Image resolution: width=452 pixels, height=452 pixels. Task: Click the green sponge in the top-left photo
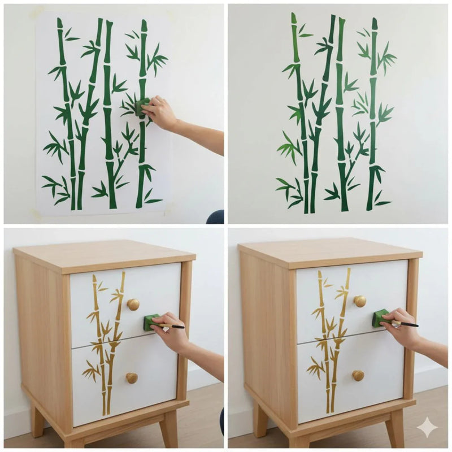click(142, 106)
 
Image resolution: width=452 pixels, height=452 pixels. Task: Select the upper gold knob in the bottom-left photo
click(133, 305)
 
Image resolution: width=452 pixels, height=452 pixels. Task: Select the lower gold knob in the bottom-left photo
click(132, 377)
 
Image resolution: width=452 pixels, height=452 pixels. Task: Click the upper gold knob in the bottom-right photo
click(359, 301)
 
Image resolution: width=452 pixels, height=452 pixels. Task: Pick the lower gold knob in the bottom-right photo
click(358, 375)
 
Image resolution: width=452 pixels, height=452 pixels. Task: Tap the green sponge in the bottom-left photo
click(151, 322)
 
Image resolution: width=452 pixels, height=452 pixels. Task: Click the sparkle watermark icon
click(427, 428)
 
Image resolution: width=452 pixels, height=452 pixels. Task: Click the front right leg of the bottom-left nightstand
click(168, 428)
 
